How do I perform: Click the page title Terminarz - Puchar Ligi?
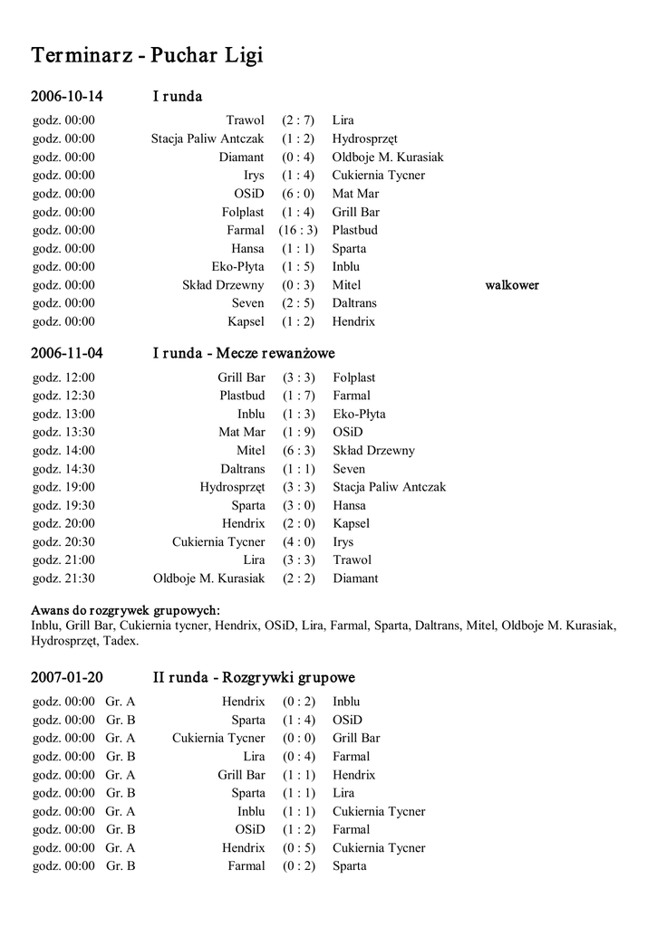[147, 56]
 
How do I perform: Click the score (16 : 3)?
[298, 230]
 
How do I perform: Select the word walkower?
[512, 285]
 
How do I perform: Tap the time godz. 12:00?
[63, 377]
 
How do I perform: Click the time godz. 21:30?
[63, 578]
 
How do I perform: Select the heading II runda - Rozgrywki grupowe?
[253, 677]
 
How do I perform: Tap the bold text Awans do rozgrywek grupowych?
[126, 609]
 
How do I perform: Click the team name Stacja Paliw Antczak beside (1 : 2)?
[208, 139]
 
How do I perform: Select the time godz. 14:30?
[63, 469]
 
